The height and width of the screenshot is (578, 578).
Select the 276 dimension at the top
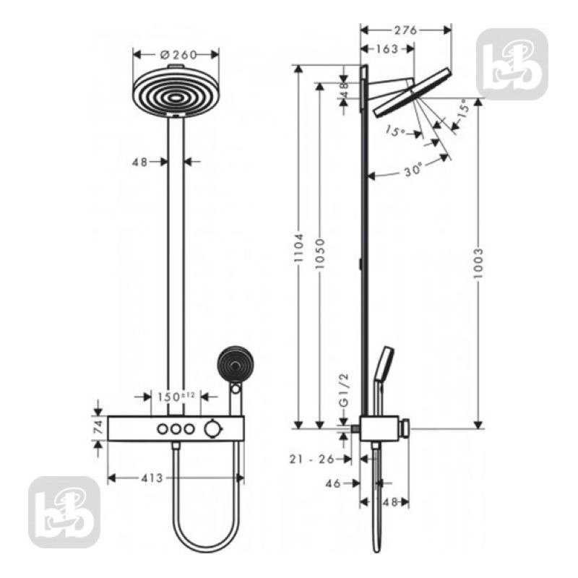point(405,30)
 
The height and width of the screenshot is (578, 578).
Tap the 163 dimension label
point(387,48)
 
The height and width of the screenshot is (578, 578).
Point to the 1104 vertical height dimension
point(298,247)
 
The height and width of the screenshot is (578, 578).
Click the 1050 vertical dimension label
point(320,254)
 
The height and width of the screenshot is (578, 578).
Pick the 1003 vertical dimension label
point(478,263)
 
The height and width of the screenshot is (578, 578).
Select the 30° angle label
point(413,171)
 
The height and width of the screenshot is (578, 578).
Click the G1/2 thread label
point(344,390)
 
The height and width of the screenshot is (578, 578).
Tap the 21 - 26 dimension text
point(311,459)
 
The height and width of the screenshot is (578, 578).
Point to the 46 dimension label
point(333,483)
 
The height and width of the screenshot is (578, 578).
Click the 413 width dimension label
point(152,478)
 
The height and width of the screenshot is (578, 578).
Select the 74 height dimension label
point(98,428)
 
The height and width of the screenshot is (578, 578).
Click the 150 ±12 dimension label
point(176,397)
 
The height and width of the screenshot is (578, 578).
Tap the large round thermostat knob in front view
point(212,429)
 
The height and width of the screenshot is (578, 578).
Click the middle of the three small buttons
point(176,429)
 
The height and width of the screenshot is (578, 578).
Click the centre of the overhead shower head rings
point(176,98)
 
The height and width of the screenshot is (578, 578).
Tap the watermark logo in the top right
point(512,64)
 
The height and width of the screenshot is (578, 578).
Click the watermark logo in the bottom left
point(64,512)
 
